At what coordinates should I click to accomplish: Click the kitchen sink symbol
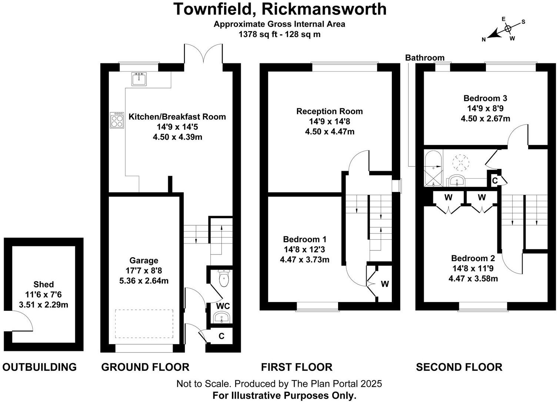tap(139, 79)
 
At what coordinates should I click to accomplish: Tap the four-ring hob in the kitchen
tap(117, 120)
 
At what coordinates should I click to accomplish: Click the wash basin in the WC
tap(222, 318)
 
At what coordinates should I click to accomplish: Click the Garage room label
tap(144, 260)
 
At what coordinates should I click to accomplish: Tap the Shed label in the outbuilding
tap(44, 285)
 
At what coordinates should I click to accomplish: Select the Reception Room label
tap(330, 111)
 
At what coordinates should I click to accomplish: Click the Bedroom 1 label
tap(304, 239)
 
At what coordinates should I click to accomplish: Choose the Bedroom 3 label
tap(485, 98)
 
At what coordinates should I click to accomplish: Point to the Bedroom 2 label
tap(473, 258)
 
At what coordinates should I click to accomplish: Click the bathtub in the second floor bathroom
tap(433, 169)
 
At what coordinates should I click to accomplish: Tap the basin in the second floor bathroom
tap(458, 181)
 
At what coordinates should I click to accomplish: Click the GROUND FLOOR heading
tap(145, 367)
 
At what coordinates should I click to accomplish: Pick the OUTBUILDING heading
tap(40, 367)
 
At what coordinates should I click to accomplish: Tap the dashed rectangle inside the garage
tap(144, 324)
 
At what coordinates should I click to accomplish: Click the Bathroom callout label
tap(424, 58)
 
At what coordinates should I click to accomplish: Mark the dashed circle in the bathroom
tap(461, 162)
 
